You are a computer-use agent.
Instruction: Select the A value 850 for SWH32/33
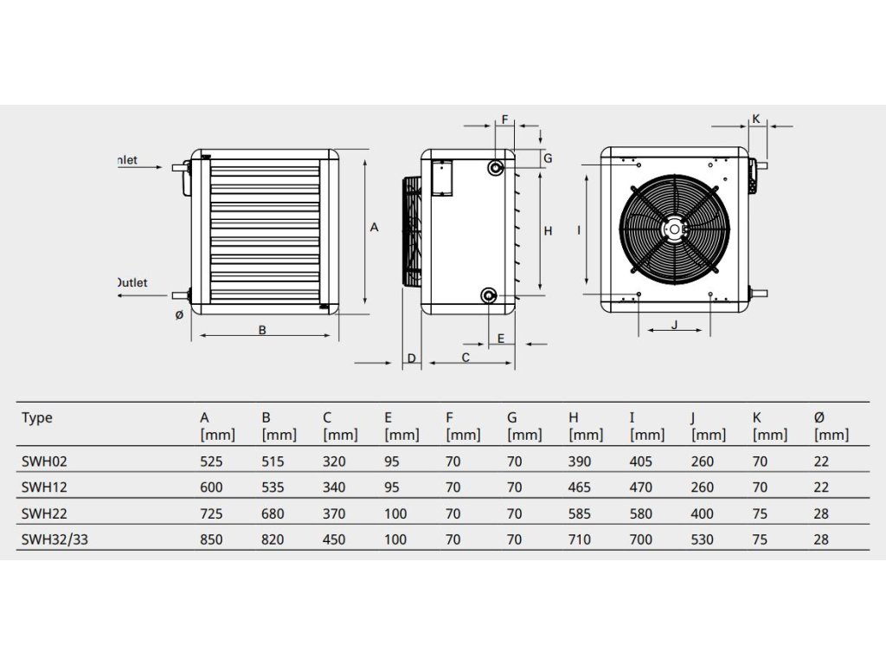(x=211, y=539)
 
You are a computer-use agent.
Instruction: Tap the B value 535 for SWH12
(x=273, y=487)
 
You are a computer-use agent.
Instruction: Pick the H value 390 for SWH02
(x=580, y=462)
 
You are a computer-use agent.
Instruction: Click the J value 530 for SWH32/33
(x=703, y=539)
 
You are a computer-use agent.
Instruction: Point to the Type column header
(x=36, y=417)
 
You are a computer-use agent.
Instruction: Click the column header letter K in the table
(x=757, y=417)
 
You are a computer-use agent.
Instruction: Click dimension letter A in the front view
(x=374, y=228)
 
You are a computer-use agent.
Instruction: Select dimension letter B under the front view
(x=262, y=329)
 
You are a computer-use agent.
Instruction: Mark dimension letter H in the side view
(x=548, y=230)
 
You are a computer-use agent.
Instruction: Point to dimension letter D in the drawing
(x=412, y=358)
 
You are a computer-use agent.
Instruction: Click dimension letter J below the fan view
(x=674, y=325)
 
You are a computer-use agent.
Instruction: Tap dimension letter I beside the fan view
(x=577, y=230)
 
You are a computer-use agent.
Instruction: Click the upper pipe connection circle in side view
(x=496, y=167)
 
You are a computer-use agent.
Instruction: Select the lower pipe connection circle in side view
(x=489, y=297)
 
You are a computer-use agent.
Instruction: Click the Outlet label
(x=132, y=282)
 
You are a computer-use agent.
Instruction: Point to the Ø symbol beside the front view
(x=178, y=315)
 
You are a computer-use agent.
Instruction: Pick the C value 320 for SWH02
(x=333, y=462)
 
